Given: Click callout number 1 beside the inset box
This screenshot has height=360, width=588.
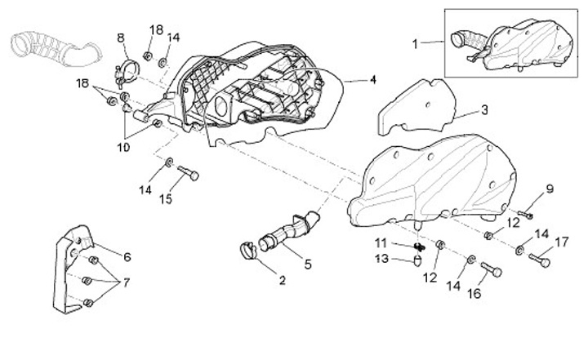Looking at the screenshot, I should pos(414,43).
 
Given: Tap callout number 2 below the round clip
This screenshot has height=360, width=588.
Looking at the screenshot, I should pos(282,281).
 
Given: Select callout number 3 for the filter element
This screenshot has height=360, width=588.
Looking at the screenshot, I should pos(484,109).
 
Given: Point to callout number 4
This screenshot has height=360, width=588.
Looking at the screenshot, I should pos(372,80).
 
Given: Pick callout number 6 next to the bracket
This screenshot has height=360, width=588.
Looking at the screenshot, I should pos(127,256).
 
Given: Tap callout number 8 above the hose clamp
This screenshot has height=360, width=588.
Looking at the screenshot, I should pos(121,38).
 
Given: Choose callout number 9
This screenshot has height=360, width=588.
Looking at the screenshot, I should pos(550,189).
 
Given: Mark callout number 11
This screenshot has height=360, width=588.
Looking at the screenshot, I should pos(381,242).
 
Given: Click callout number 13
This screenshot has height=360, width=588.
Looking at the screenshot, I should pos(381,259).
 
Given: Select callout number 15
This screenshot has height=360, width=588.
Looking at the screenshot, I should pos(166,198).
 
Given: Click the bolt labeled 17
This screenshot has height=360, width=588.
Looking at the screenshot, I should pos(540,260).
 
